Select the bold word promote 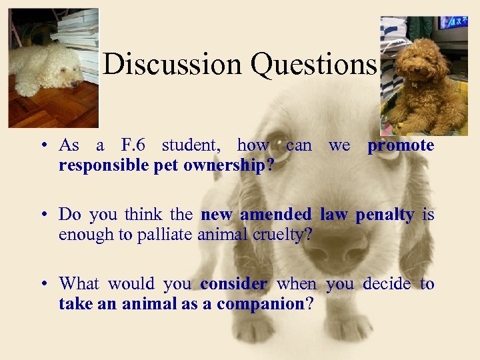click(x=401, y=145)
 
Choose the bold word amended click(x=275, y=215)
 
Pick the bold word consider click(x=233, y=284)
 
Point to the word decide click(x=387, y=284)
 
